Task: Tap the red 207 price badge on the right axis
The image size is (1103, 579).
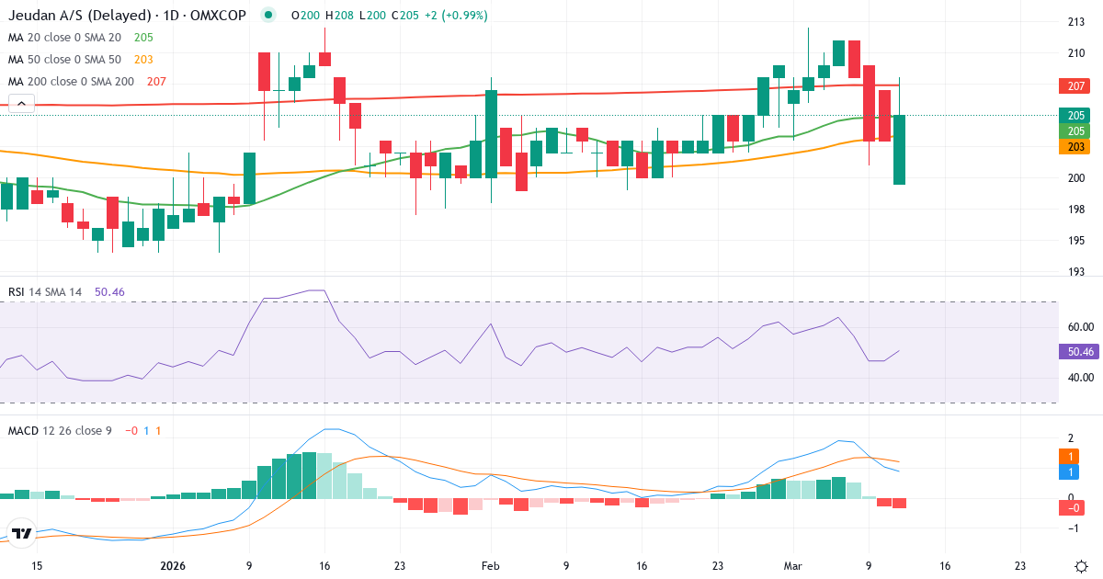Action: tap(1074, 86)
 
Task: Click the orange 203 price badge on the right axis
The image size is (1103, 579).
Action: tap(1074, 147)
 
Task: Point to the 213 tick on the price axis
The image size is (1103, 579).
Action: tap(1074, 22)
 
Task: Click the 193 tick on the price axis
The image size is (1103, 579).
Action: tap(1074, 272)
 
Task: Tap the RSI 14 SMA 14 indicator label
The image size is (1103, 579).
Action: tap(45, 292)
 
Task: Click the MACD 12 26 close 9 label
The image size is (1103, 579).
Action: tap(59, 430)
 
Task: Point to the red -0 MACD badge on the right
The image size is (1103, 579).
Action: tap(1074, 507)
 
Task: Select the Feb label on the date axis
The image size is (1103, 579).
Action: tap(490, 567)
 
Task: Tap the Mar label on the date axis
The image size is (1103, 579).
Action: tap(791, 567)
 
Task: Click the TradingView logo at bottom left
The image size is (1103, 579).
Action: tap(22, 534)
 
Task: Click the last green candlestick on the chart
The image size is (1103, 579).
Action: tap(899, 149)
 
